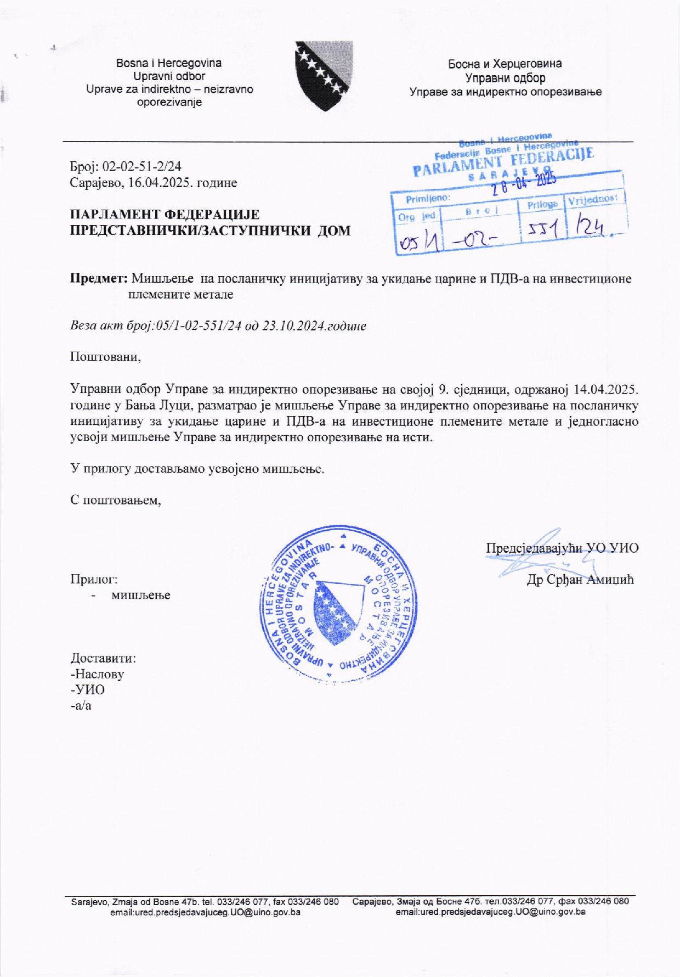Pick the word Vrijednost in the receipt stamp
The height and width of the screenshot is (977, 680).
tap(596, 200)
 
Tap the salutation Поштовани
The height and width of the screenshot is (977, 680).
tap(106, 357)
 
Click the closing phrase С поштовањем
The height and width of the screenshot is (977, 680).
tap(116, 501)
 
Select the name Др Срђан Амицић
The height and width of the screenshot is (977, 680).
tap(580, 580)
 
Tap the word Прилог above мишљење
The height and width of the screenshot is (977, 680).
tap(94, 579)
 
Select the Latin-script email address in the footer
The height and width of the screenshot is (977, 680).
tap(205, 912)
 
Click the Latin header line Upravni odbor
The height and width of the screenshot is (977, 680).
tap(169, 76)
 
